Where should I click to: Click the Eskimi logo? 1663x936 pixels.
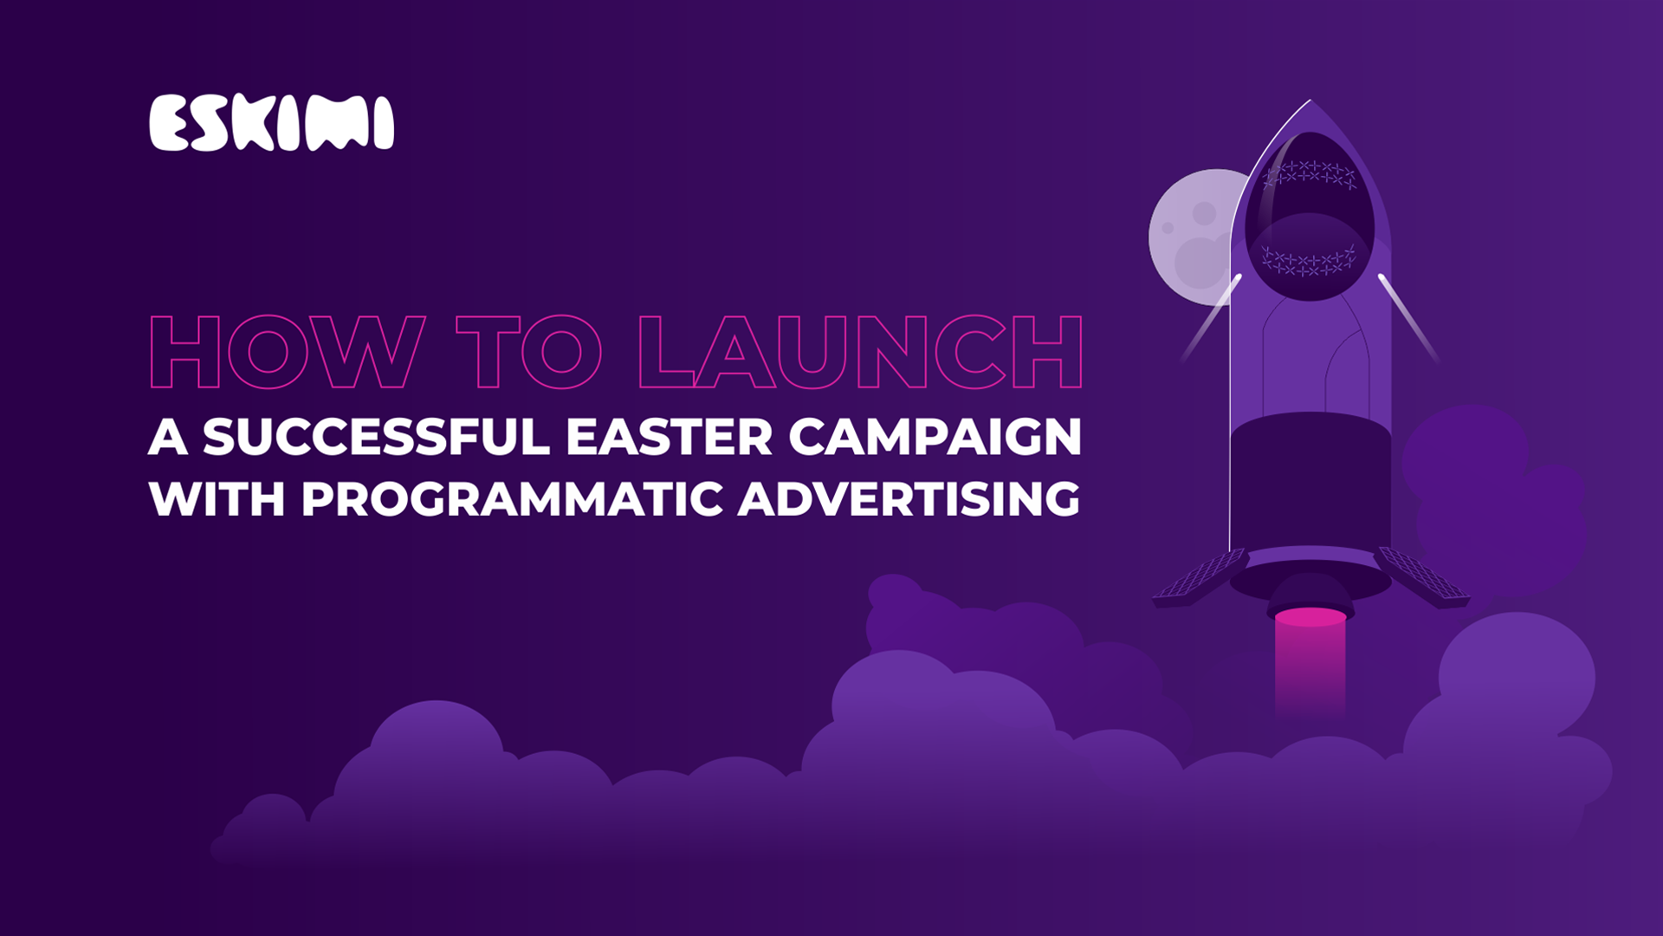(x=271, y=123)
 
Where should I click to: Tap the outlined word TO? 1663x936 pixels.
(x=529, y=352)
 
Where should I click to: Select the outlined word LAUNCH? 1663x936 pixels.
(x=861, y=352)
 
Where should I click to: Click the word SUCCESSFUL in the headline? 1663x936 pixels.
(x=377, y=436)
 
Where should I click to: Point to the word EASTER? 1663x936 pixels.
(x=669, y=436)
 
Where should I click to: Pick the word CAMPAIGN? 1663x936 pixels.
(x=935, y=436)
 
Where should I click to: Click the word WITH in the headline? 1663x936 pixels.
(x=217, y=499)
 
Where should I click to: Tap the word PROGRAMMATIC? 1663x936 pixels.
(x=512, y=499)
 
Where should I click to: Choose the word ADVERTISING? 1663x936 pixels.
(x=909, y=499)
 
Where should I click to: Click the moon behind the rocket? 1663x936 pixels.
(x=1192, y=237)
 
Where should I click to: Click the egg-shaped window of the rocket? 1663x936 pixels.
(x=1310, y=217)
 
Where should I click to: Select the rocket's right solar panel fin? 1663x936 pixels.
(x=1421, y=575)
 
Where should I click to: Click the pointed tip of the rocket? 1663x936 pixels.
(x=1310, y=101)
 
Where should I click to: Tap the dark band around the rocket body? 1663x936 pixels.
(x=1310, y=481)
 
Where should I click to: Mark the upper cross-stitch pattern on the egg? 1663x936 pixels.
(x=1310, y=174)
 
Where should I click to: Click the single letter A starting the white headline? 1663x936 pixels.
(x=168, y=437)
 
